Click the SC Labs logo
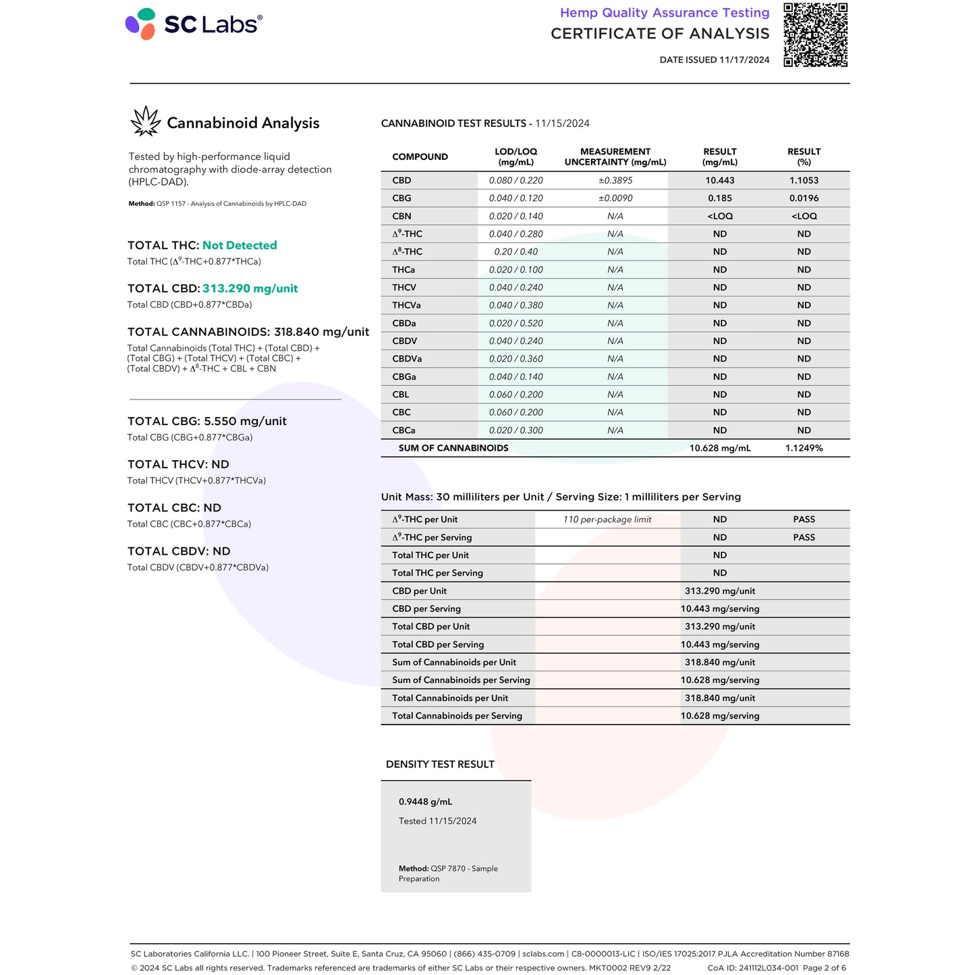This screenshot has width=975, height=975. pos(194,24)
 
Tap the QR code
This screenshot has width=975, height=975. pos(815,35)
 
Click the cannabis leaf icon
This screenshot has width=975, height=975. pos(146,121)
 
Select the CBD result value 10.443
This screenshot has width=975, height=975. pos(720,180)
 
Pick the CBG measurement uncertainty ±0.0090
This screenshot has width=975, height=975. pos(615,198)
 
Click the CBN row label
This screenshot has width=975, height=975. pos(401,216)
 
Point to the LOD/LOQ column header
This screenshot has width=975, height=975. pos(516,157)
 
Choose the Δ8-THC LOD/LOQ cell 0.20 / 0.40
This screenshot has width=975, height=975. pos(516,252)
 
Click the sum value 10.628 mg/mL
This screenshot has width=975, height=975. pos(720,448)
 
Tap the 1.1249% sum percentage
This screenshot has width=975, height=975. pos(804,448)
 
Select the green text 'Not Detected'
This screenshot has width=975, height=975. pos(240,246)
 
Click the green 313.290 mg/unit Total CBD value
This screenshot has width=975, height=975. pos(250,289)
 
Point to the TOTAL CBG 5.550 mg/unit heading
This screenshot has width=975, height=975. pos(207,421)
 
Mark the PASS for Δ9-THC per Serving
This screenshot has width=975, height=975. pos(804,538)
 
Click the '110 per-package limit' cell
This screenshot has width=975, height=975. pos(607,520)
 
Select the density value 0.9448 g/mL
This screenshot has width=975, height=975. pos(425,802)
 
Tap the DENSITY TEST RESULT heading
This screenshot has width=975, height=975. pos(440,764)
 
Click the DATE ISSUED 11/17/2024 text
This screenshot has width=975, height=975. pos(715,60)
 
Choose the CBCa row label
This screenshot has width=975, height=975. pos(403,430)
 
